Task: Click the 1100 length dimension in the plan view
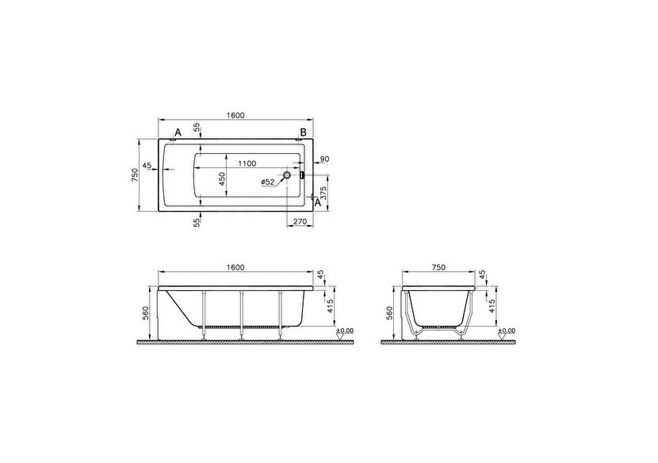tap(246, 163)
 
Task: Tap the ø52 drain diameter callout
tap(267, 182)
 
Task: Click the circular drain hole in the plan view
tap(287, 174)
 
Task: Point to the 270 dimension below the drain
tap(300, 223)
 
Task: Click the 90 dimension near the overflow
tap(324, 159)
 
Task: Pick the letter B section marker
tap(302, 132)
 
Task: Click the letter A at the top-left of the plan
tap(178, 132)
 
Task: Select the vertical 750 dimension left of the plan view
tap(134, 175)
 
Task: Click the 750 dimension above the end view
tap(438, 267)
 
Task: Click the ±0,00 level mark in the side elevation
tap(345, 330)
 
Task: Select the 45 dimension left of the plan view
tap(147, 167)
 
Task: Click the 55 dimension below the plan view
tap(197, 223)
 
